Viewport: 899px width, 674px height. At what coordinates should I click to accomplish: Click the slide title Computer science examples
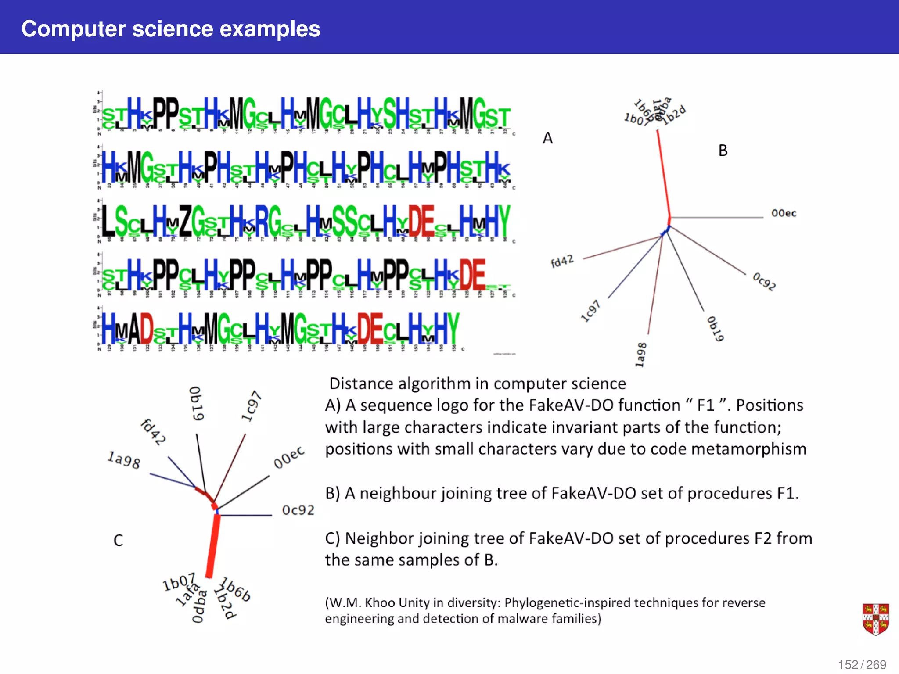coord(171,29)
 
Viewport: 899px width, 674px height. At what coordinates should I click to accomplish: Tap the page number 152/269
coord(862,664)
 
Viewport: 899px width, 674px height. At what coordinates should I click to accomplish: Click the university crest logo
coord(875,619)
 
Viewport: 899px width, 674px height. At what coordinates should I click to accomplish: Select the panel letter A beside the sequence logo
coord(547,138)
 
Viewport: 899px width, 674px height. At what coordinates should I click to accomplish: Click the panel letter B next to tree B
coord(723,151)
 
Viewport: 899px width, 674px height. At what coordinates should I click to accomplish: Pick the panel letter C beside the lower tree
coord(118,540)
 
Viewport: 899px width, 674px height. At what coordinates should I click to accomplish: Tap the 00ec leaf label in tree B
coord(784,213)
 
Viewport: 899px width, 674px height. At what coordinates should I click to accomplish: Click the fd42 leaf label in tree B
coord(562,261)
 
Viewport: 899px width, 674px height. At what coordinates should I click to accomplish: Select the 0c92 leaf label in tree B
coord(764,281)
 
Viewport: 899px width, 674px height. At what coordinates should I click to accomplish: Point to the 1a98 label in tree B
coord(641,355)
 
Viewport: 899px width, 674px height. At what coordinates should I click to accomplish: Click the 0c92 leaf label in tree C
coord(298,510)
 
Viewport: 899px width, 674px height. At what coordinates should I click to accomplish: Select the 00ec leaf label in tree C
coord(288,457)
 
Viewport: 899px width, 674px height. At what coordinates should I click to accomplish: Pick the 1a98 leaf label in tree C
coord(124,460)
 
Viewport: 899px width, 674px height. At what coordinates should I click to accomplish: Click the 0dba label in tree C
coord(199,606)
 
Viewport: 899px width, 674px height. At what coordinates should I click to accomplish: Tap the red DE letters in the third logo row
coord(421,221)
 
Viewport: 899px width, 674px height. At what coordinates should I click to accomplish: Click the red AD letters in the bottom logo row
coord(140,329)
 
